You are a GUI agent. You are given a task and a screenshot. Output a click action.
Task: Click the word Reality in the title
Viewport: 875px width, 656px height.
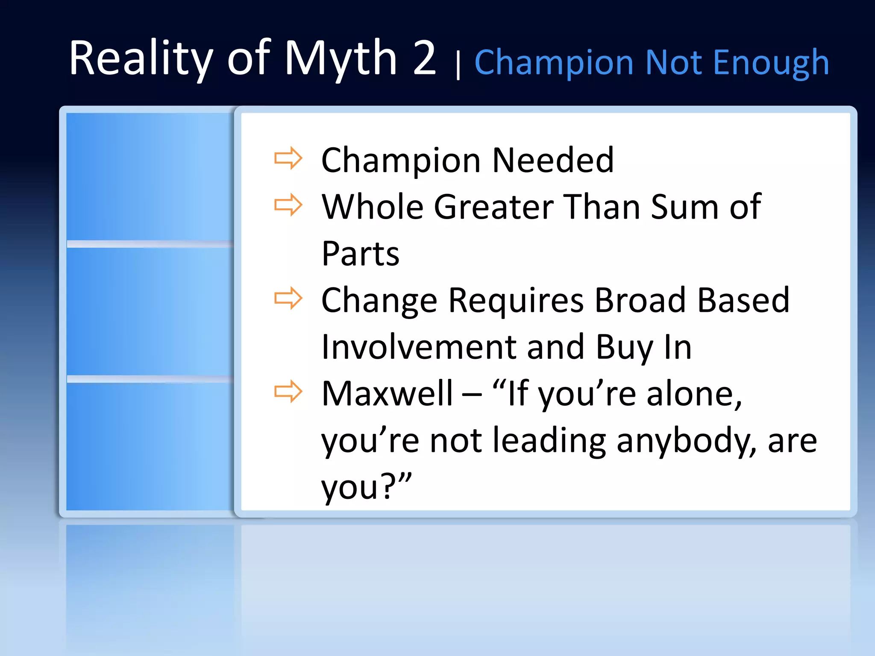pyautogui.click(x=141, y=59)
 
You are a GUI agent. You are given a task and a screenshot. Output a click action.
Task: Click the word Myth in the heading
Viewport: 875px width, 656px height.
pyautogui.click(x=341, y=59)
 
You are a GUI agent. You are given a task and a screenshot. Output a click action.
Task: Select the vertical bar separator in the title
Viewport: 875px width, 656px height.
pyautogui.click(x=458, y=65)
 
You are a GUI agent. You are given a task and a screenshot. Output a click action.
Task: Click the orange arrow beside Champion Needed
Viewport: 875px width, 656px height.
pyautogui.click(x=288, y=158)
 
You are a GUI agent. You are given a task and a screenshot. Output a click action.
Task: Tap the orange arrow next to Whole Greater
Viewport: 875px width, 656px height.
pyautogui.click(x=288, y=205)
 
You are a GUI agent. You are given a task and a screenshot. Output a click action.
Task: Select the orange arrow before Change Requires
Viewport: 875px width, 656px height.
pyautogui.click(x=288, y=298)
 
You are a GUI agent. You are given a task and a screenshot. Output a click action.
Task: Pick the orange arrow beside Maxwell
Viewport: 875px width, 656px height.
pyautogui.click(x=288, y=391)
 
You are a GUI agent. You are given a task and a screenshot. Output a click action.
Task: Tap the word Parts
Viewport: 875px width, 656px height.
pyautogui.click(x=360, y=254)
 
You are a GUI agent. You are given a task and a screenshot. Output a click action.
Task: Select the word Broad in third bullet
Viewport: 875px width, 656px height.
pyautogui.click(x=640, y=300)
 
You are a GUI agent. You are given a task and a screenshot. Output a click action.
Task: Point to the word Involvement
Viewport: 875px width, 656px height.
pyautogui.click(x=419, y=347)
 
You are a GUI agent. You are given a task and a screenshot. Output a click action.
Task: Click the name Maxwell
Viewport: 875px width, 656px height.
pyautogui.click(x=387, y=393)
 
